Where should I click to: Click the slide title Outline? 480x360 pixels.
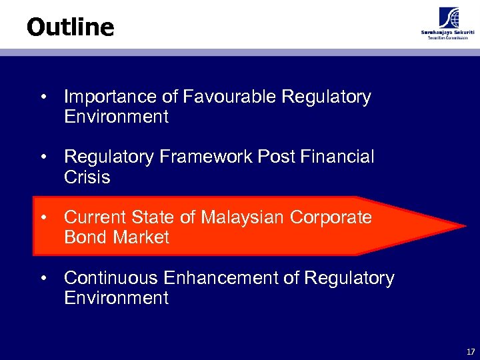click(x=71, y=27)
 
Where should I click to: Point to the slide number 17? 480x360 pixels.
click(x=471, y=351)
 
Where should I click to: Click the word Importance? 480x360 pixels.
click(x=110, y=97)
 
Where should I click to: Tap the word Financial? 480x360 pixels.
click(x=337, y=157)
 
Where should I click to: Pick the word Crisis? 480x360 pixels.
click(x=87, y=177)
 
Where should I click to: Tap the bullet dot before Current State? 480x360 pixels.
click(x=43, y=218)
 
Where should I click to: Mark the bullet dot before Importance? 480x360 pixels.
click(x=43, y=97)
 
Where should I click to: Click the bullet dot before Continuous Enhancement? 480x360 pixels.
click(x=43, y=278)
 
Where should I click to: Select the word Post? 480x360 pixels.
click(x=277, y=157)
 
